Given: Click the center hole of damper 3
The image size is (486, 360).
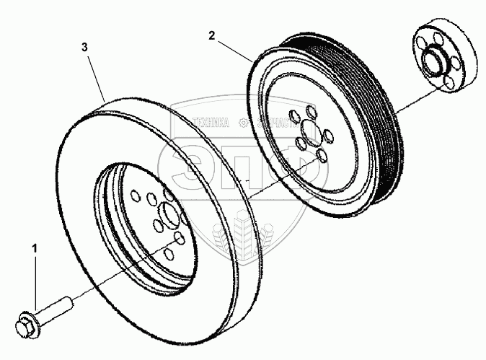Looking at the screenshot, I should (x=170, y=216).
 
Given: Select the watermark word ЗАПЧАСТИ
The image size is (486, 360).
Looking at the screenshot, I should (x=270, y=123).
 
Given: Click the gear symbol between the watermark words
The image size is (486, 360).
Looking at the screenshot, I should (x=243, y=123).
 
